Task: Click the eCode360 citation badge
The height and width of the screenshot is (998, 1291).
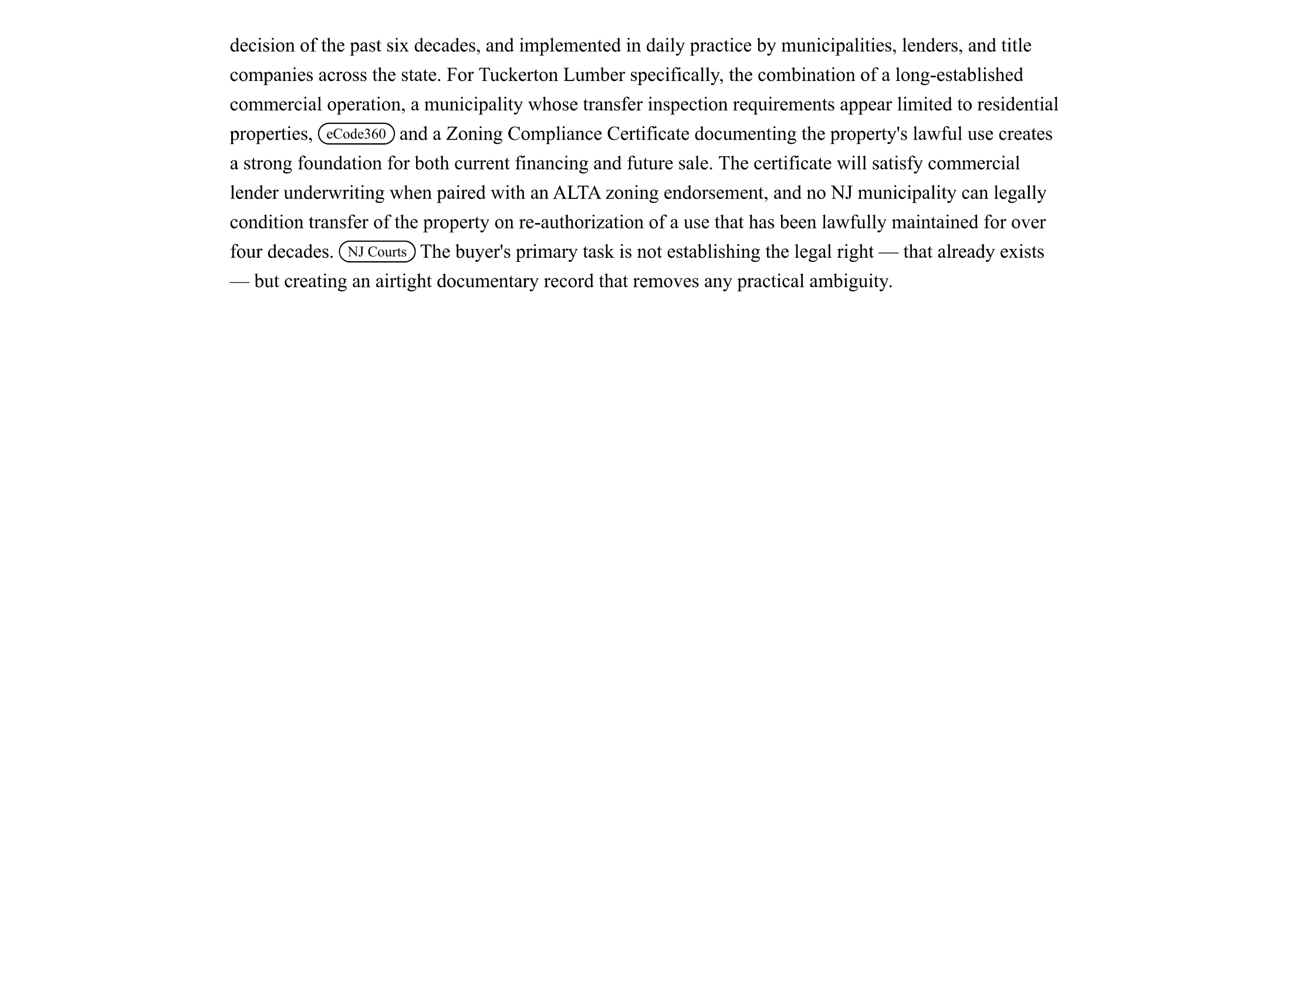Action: pos(356,134)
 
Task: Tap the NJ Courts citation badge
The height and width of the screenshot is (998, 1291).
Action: pos(377,252)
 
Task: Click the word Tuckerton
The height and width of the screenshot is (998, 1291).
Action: pos(518,75)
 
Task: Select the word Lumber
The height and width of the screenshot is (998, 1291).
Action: pos(593,75)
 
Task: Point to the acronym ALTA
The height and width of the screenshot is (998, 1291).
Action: pos(576,193)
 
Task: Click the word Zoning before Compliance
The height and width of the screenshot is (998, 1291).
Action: pos(474,134)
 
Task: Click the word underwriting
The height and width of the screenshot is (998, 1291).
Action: pos(334,193)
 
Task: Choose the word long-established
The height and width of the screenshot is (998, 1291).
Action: pos(959,75)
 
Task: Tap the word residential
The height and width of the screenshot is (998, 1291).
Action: pos(1018,104)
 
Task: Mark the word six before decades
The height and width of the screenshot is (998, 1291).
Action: pos(397,46)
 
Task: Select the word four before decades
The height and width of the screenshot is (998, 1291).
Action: pos(246,252)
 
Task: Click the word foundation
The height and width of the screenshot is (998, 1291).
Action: pos(339,163)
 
